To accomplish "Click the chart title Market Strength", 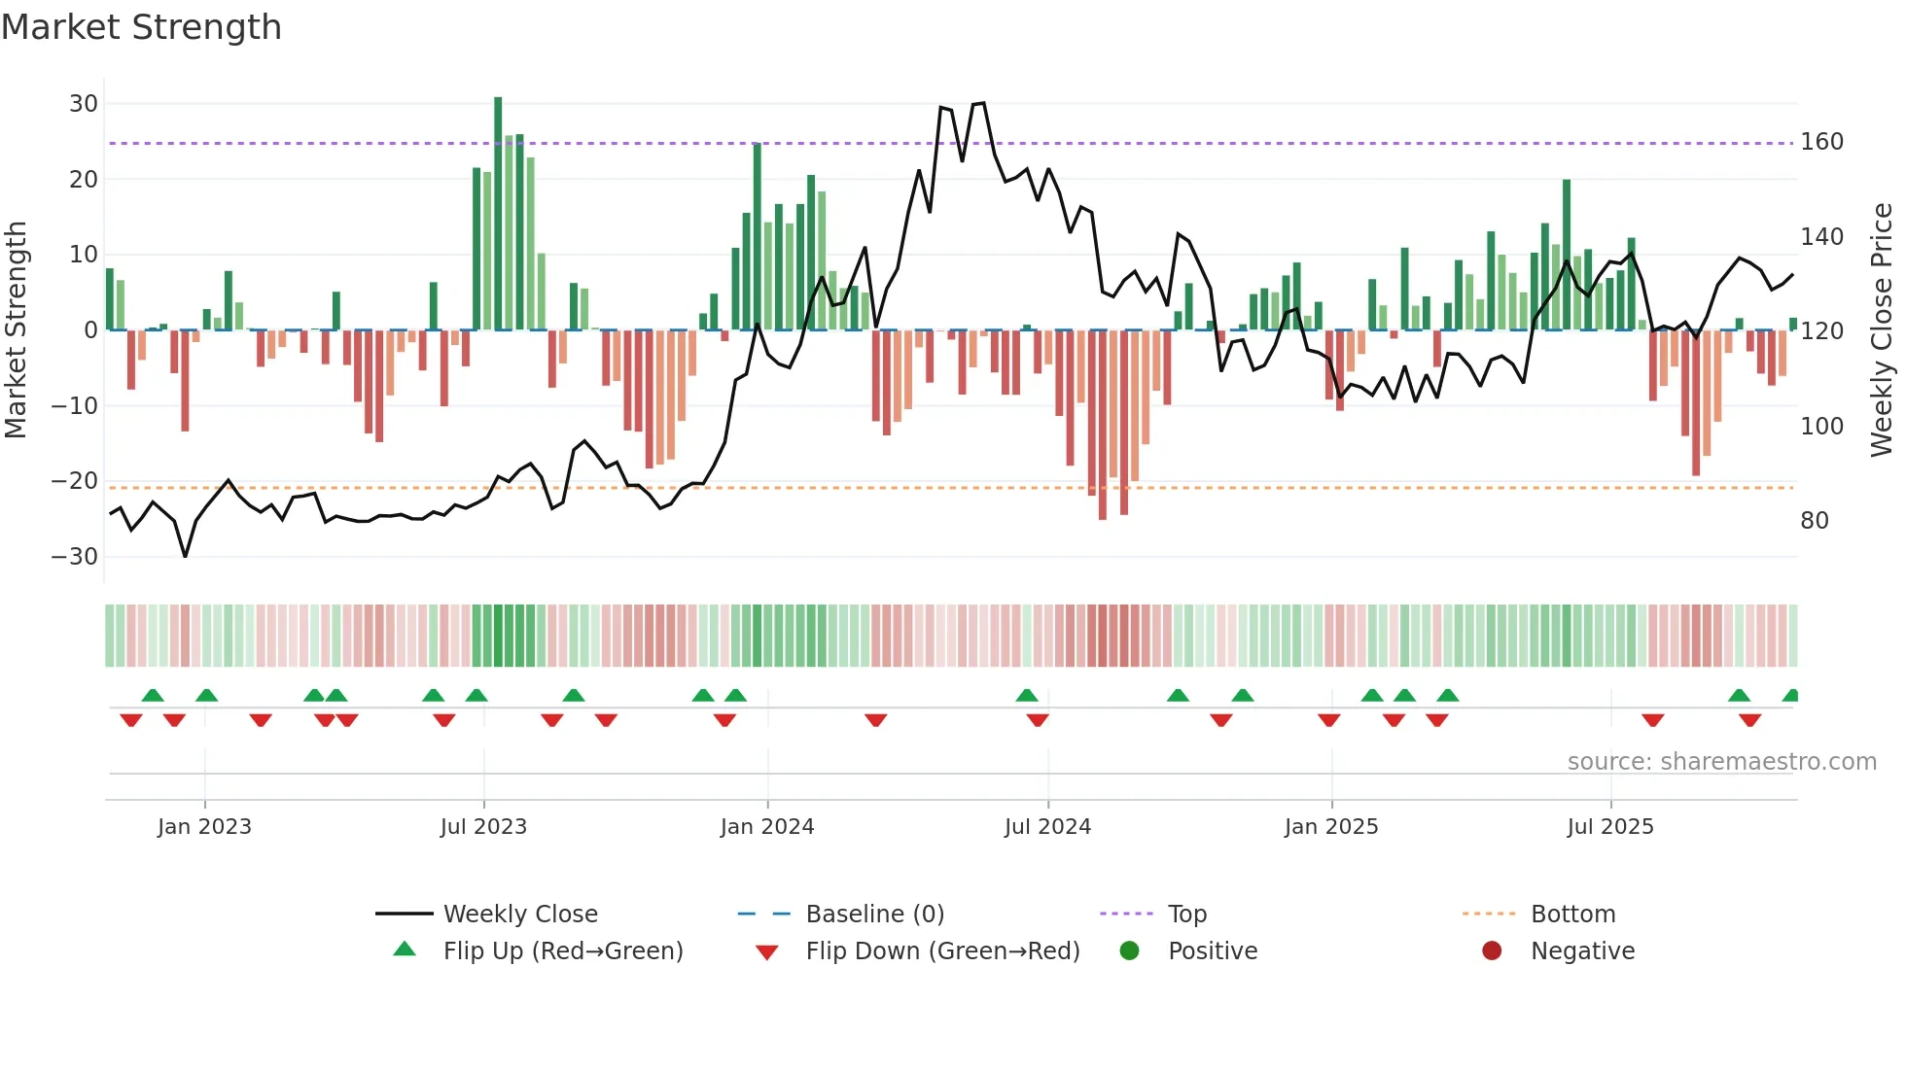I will [x=141, y=27].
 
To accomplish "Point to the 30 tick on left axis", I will [x=84, y=104].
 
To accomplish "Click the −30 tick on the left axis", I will [x=76, y=557].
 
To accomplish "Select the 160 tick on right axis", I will [x=1821, y=142].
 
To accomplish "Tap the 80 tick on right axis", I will [x=1814, y=521].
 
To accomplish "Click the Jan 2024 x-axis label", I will [x=766, y=827].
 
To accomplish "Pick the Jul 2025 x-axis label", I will [x=1609, y=827].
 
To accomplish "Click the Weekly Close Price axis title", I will [x=1882, y=330].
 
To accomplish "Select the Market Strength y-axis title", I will [x=17, y=330].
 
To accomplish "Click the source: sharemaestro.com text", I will [x=1721, y=762].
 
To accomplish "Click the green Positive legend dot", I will [x=1129, y=951].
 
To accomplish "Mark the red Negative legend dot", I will [x=1492, y=951].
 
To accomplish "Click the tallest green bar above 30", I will [x=498, y=214].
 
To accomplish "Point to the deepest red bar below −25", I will [x=1102, y=428].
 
